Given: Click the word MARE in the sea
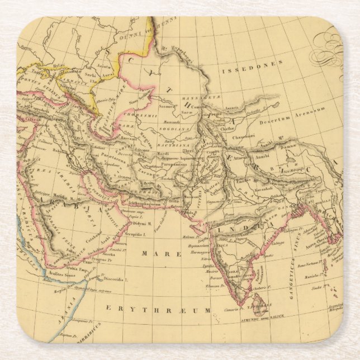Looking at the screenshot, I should [153, 253].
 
